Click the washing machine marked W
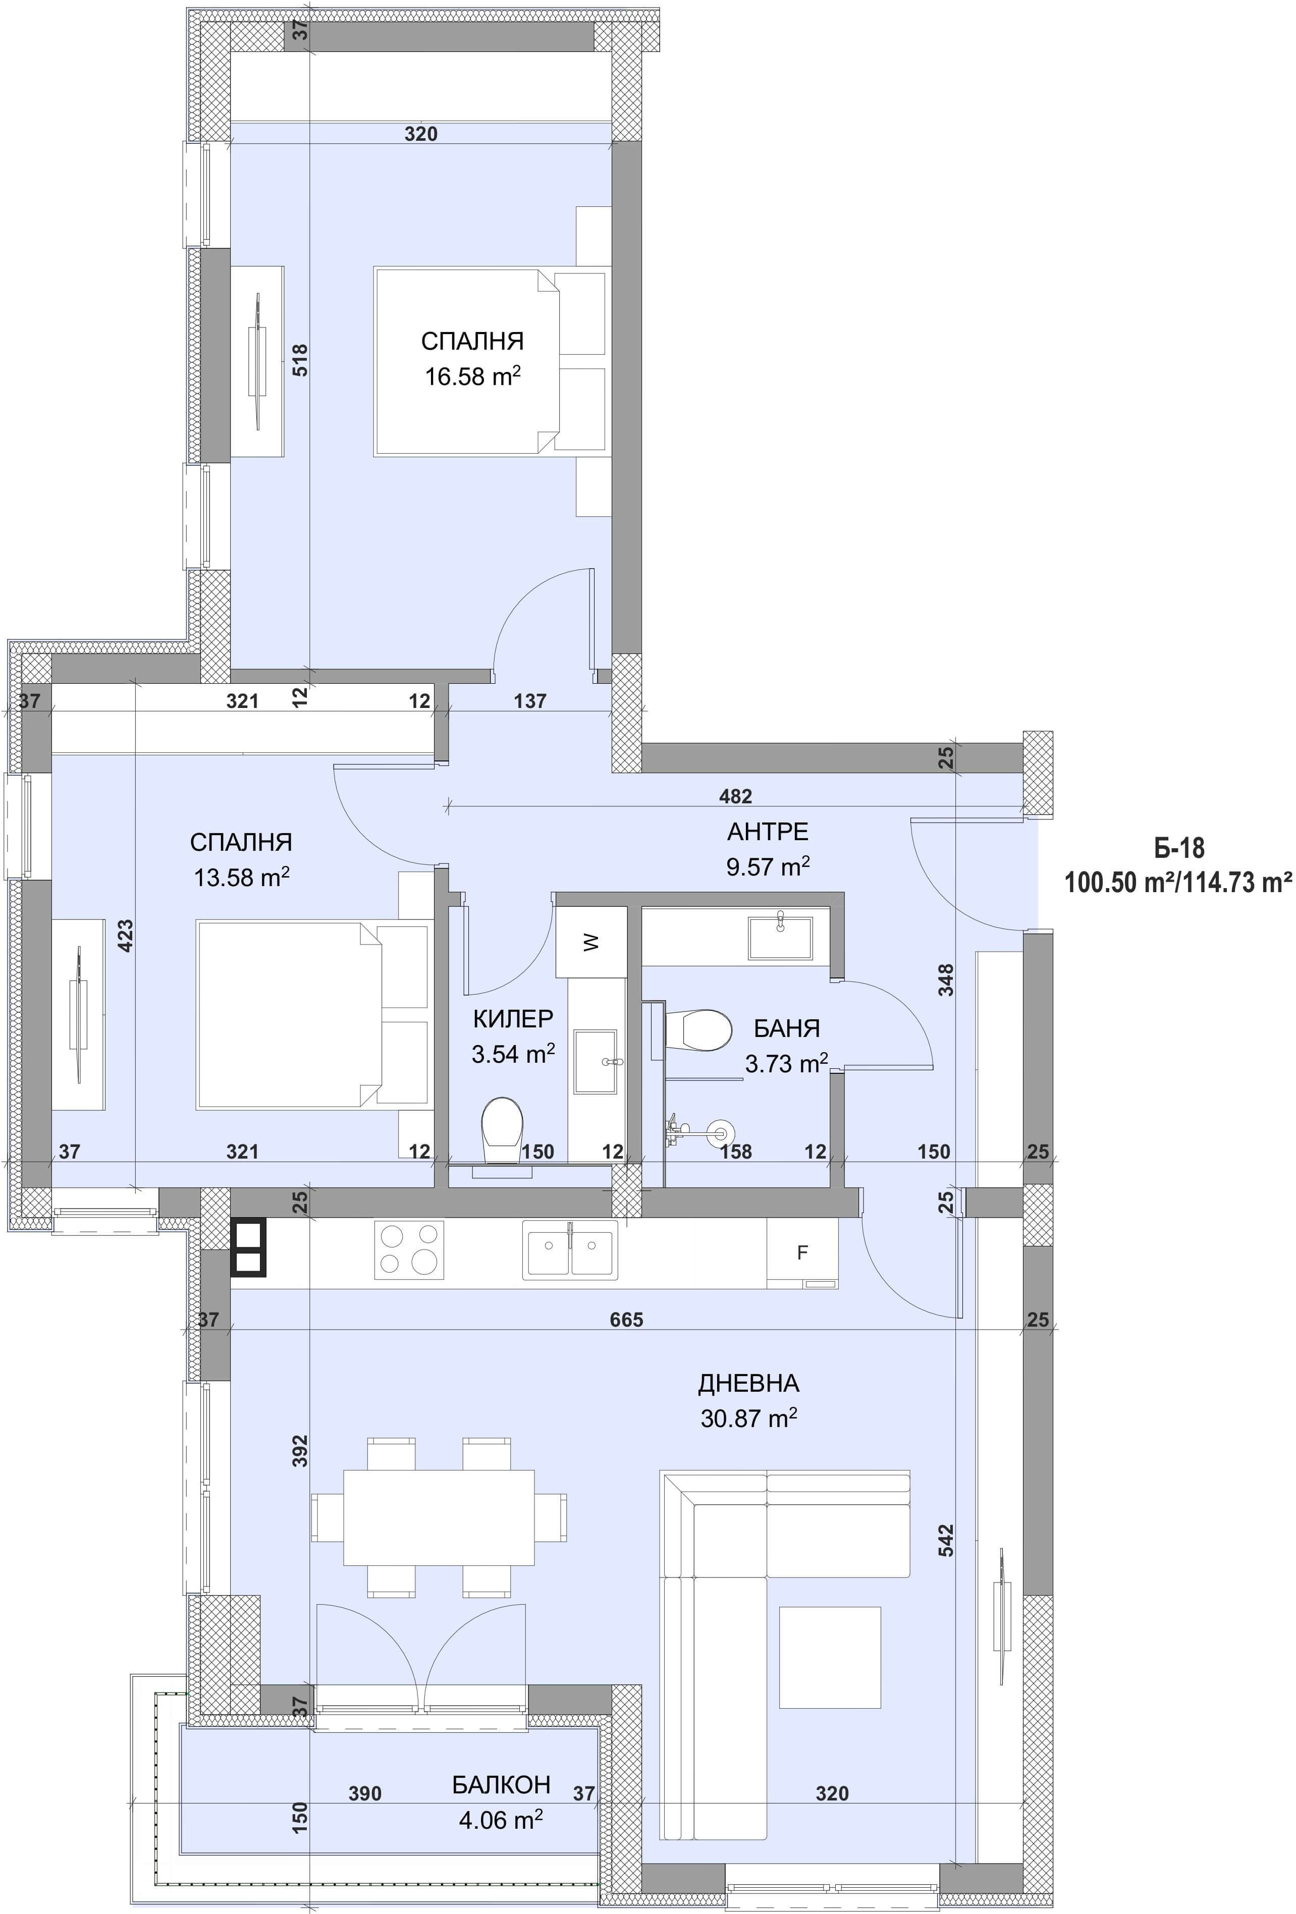pos(591,941)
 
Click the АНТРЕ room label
pos(767,831)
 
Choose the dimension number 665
pos(626,1320)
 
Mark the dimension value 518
pos(300,360)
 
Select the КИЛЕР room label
pos(512,1019)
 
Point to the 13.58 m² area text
pos(241,877)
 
